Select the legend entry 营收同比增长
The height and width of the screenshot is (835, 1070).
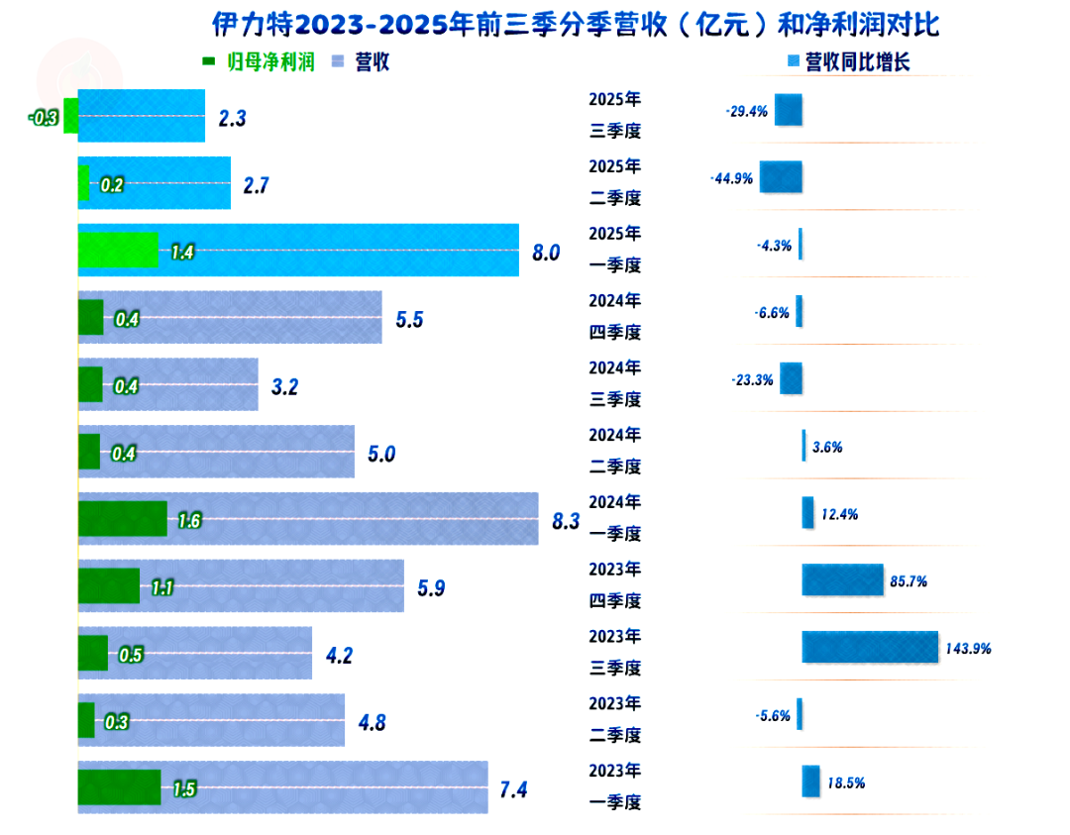(848, 61)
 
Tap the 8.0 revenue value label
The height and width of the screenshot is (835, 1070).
(546, 253)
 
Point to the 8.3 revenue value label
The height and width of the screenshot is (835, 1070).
(565, 521)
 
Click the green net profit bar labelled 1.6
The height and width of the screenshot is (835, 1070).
(122, 518)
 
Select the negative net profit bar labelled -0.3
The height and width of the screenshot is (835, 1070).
(70, 116)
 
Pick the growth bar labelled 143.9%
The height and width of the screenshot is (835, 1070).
(870, 647)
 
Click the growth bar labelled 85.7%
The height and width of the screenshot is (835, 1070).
(842, 580)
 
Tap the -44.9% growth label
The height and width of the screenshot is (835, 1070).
(731, 179)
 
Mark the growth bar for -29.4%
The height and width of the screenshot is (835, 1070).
(789, 110)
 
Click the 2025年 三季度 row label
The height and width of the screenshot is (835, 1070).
(615, 115)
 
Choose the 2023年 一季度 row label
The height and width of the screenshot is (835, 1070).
(615, 786)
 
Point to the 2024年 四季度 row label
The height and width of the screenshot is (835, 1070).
(615, 316)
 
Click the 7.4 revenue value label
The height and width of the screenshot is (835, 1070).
(514, 789)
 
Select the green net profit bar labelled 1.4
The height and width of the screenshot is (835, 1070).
(118, 251)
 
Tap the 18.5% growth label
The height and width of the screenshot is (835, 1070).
(846, 783)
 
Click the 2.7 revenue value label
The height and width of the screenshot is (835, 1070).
(256, 185)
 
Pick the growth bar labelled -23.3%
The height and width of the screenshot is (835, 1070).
(791, 378)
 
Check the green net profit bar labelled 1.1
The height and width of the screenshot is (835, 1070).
(109, 585)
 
